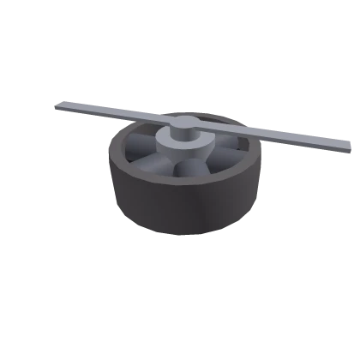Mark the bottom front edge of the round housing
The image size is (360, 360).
coord(184,237)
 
